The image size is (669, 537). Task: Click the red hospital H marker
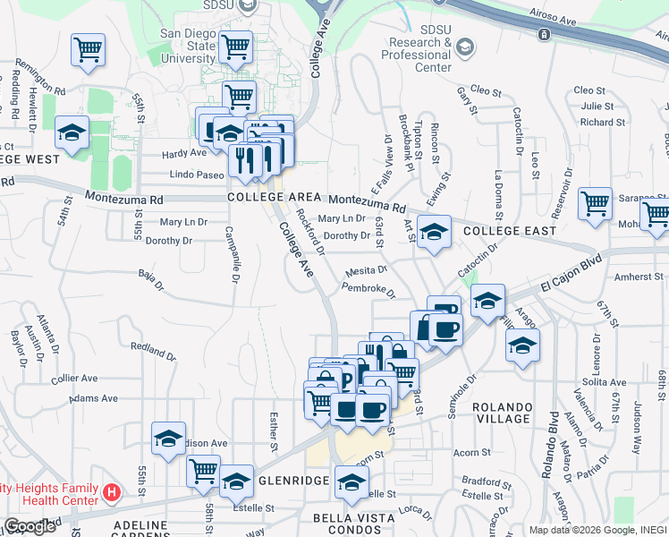[112, 491]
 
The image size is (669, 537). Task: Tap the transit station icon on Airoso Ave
[543, 34]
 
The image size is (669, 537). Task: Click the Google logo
[30, 526]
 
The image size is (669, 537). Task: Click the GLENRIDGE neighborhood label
[294, 480]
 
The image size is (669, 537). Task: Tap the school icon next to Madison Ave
[168, 439]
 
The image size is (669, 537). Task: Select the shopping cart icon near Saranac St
[595, 203]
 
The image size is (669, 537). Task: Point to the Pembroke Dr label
[368, 289]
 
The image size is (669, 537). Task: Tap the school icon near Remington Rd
[72, 133]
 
